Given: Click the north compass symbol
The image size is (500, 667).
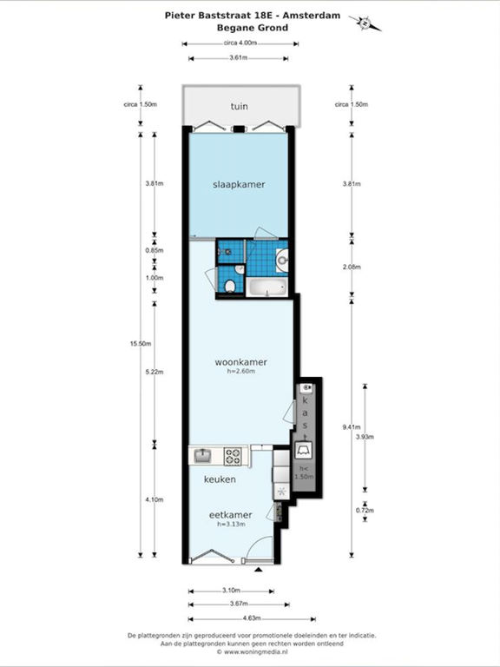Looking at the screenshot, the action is pyautogui.click(x=365, y=23).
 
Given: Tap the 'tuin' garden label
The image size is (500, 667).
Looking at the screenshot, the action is pyautogui.click(x=240, y=106).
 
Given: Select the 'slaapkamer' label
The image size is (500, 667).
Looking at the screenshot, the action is pyautogui.click(x=239, y=185).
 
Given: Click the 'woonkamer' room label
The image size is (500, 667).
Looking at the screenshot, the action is pyautogui.click(x=240, y=362).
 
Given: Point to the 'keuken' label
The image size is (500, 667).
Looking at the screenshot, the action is pyautogui.click(x=220, y=479).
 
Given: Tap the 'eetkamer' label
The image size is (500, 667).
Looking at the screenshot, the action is pyautogui.click(x=230, y=515).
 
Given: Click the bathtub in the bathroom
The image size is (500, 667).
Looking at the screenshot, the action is pyautogui.click(x=266, y=287).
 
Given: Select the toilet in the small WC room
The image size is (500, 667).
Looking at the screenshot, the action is pyautogui.click(x=230, y=286).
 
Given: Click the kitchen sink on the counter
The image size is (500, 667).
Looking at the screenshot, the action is pyautogui.click(x=203, y=456).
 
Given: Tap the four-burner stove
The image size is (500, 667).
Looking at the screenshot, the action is pyautogui.click(x=233, y=456).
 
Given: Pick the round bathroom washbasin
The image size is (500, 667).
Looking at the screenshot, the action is pyautogui.click(x=282, y=260).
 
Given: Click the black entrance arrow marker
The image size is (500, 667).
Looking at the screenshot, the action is pyautogui.click(x=258, y=569).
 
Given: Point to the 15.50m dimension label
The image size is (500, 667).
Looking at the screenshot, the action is pyautogui.click(x=141, y=344).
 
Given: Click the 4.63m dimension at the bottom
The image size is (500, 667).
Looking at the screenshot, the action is pyautogui.click(x=252, y=618).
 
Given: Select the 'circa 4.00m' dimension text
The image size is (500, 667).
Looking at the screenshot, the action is pyautogui.click(x=240, y=43).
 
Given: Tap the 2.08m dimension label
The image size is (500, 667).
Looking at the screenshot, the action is pyautogui.click(x=352, y=267).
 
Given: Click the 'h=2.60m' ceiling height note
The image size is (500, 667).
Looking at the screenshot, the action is pyautogui.click(x=241, y=372).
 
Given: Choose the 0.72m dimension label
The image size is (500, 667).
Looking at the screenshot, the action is pyautogui.click(x=365, y=511).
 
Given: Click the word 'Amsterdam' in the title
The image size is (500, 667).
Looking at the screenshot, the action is pyautogui.click(x=312, y=16).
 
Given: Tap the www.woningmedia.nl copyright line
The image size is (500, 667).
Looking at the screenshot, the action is pyautogui.click(x=252, y=651).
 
